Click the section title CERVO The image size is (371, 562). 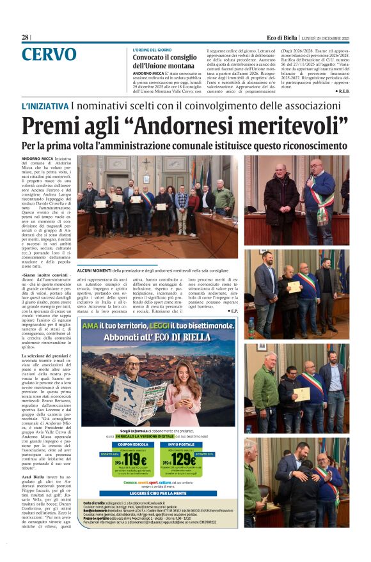tap(49, 55)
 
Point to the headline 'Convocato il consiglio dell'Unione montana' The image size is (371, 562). tap(165, 61)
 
